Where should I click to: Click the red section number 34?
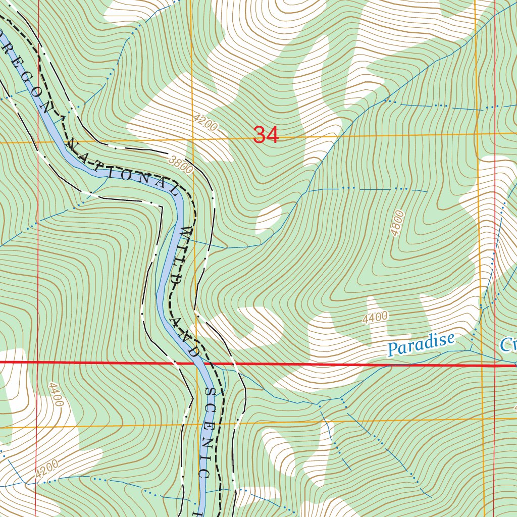pos(266,135)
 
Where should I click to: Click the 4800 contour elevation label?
pos(398,223)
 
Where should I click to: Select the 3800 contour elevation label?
pos(181,165)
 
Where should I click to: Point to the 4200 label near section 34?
pos(205,123)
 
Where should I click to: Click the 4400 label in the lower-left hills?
pos(56,394)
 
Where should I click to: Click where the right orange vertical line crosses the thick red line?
pos(482,365)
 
